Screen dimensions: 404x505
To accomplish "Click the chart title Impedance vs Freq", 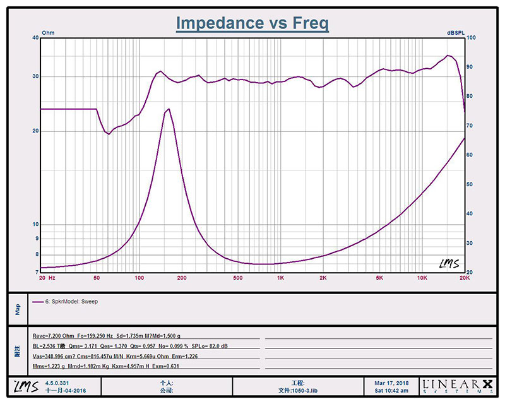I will (x=252, y=23).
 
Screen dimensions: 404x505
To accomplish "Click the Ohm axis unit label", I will (x=48, y=32).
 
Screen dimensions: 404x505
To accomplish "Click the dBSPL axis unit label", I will (x=456, y=32).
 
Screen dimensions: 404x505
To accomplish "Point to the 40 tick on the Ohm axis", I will (x=35, y=38).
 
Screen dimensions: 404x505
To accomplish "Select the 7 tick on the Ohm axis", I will (x=37, y=272).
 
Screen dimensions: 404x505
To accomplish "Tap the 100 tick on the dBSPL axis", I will (x=471, y=38).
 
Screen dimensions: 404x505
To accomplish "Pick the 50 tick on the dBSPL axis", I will (x=470, y=184).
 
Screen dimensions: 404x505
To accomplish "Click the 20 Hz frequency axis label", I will (x=47, y=278).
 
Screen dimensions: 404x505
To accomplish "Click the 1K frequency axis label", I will (x=280, y=278).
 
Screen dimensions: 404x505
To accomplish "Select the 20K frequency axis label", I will (x=464, y=278).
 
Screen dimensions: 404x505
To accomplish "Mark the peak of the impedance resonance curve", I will (x=168, y=109).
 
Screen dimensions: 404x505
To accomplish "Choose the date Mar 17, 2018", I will (x=391, y=383).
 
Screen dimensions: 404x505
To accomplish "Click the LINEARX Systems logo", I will (x=458, y=386).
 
